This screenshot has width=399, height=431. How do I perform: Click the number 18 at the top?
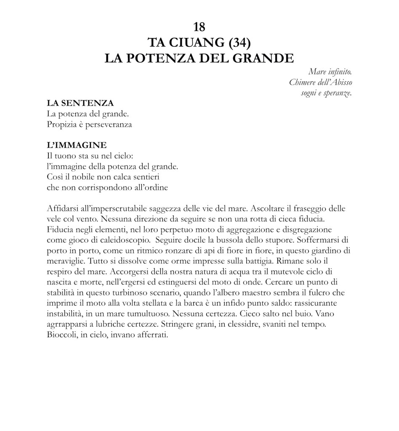(x=199, y=27)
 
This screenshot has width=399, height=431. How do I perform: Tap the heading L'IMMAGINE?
(x=77, y=145)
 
